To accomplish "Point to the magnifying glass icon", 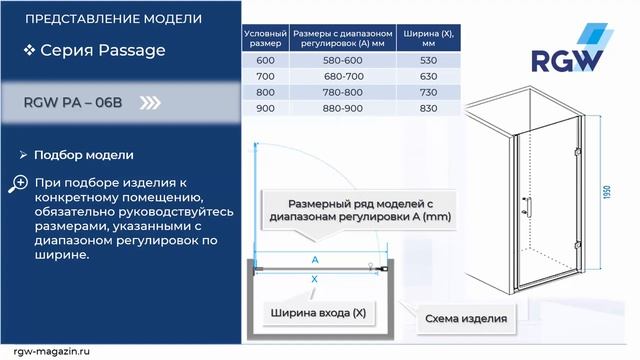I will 19,183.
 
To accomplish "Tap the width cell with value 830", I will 429,107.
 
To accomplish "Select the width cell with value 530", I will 429,59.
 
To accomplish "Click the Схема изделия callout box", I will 465,320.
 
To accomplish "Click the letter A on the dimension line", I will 315,259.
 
